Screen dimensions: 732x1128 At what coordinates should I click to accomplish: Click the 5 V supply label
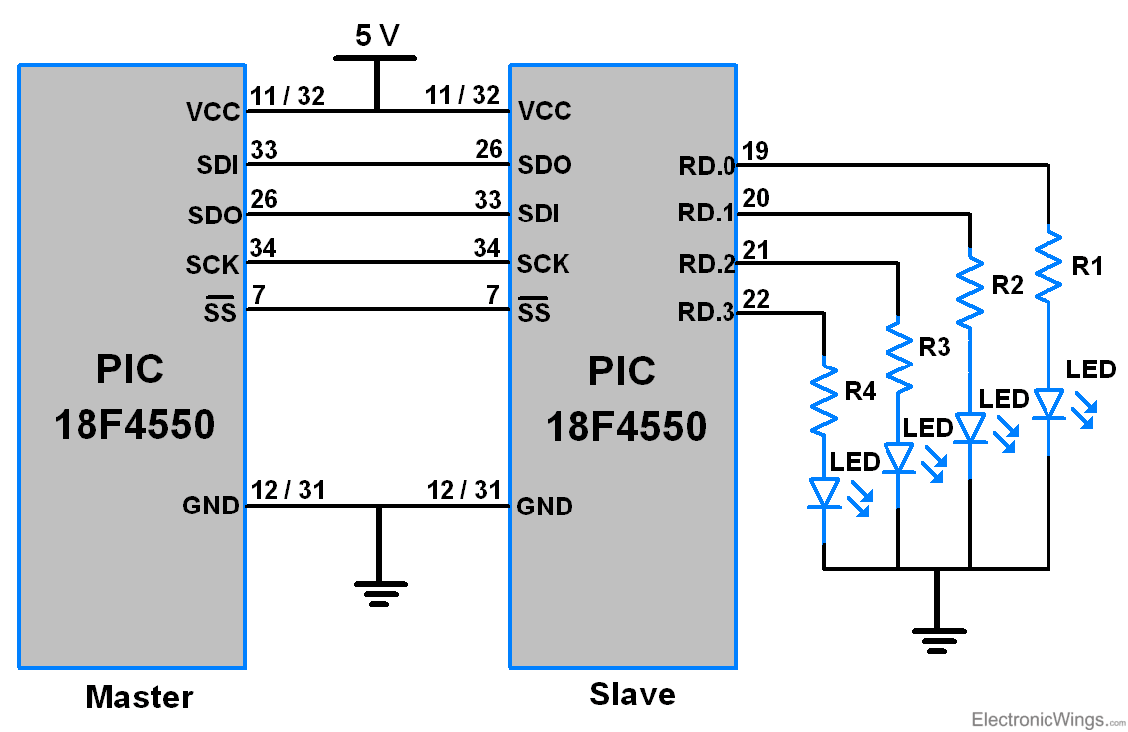tap(376, 36)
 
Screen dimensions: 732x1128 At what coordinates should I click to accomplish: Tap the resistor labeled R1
tap(1048, 265)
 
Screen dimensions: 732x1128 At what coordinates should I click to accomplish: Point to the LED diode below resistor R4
tap(824, 493)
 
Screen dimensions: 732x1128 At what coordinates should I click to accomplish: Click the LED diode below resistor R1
tap(1048, 404)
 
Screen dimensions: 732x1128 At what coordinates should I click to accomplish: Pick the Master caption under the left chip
tap(139, 697)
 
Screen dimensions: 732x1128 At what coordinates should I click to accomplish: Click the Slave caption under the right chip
tap(632, 694)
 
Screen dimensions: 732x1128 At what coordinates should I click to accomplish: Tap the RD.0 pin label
tap(707, 166)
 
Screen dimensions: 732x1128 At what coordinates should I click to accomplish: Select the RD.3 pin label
tap(707, 314)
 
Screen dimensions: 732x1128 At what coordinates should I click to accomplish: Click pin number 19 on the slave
tap(755, 150)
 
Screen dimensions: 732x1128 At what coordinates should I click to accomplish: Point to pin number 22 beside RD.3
tap(755, 298)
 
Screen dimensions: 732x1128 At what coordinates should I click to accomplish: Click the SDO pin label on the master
tap(214, 216)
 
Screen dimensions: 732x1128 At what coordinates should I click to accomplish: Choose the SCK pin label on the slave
tap(544, 264)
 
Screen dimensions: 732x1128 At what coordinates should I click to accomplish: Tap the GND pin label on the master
tap(211, 507)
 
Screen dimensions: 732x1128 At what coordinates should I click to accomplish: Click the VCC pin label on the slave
tap(545, 111)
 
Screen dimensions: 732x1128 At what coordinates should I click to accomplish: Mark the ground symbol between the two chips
tap(378, 592)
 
